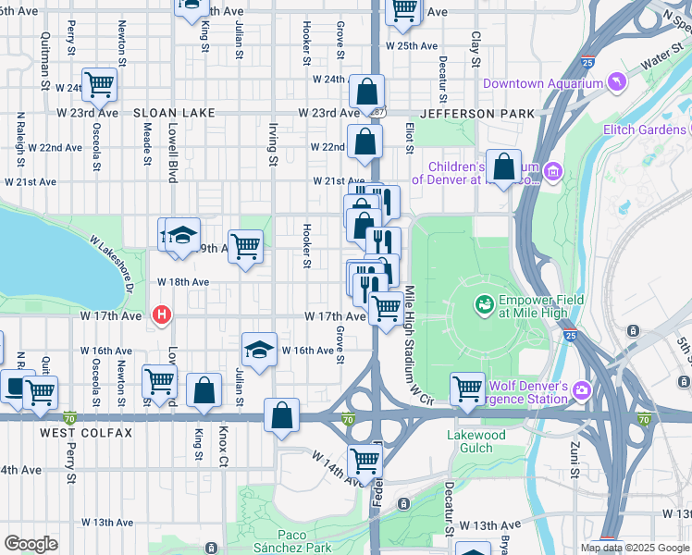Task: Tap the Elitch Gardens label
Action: (x=646, y=130)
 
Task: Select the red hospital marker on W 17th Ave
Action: (x=163, y=315)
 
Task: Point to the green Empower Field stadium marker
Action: (x=483, y=302)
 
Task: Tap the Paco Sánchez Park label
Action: (x=305, y=541)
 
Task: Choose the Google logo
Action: (x=31, y=544)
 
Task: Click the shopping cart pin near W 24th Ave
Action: (x=99, y=85)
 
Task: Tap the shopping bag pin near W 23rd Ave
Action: (x=366, y=92)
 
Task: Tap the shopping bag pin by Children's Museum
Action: (x=504, y=167)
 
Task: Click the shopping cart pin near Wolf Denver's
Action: (x=468, y=388)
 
